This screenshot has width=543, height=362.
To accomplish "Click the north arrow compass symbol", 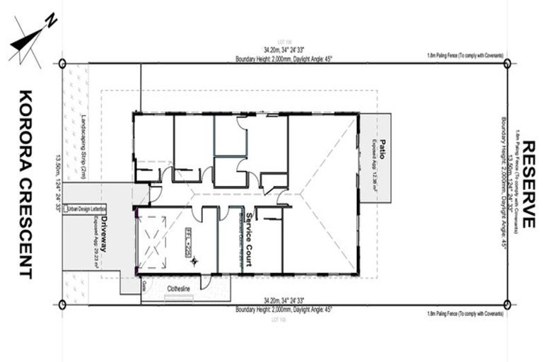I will click(30, 38).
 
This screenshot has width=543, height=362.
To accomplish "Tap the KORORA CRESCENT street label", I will click(24, 184).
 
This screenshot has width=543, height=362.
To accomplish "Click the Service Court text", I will click(249, 238).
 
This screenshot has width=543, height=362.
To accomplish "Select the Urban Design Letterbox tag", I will click(85, 209).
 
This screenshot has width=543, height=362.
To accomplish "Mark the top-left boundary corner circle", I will click(62, 64).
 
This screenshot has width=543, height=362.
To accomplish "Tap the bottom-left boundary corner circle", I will click(62, 305).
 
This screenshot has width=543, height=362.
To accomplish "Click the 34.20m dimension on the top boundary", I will click(284, 50).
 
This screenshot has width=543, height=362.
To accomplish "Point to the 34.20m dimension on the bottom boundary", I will click(284, 300).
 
